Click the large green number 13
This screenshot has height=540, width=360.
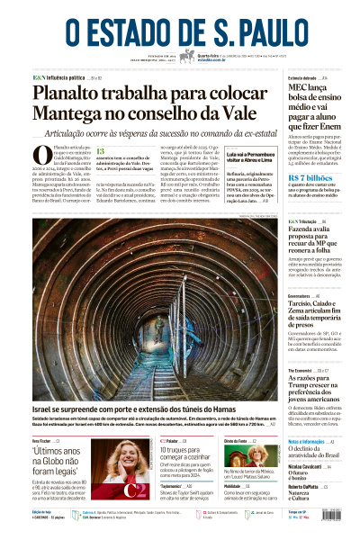pyautogui.click(x=101, y=152)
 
